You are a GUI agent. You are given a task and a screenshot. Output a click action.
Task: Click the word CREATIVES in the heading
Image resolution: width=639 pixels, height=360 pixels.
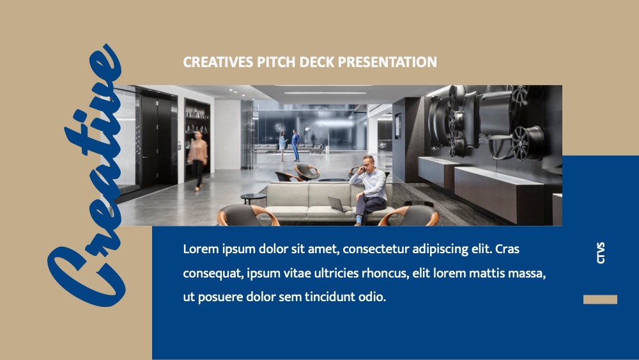(218, 62)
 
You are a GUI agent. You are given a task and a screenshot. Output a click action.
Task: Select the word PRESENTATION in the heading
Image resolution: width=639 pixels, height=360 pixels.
(388, 62)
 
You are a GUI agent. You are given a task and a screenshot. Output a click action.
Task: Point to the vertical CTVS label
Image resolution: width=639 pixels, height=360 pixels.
(601, 253)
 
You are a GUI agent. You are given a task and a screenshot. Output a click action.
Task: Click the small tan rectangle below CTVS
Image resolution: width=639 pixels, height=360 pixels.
(600, 299)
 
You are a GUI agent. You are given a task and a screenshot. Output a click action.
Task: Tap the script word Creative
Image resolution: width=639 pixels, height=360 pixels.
(86, 175)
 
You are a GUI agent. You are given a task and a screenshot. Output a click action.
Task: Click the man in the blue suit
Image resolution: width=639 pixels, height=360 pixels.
(295, 145)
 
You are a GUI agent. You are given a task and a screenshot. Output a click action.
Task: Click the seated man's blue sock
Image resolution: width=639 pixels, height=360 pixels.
(358, 220)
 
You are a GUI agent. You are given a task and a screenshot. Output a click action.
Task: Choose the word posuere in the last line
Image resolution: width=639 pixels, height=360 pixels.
(220, 297)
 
